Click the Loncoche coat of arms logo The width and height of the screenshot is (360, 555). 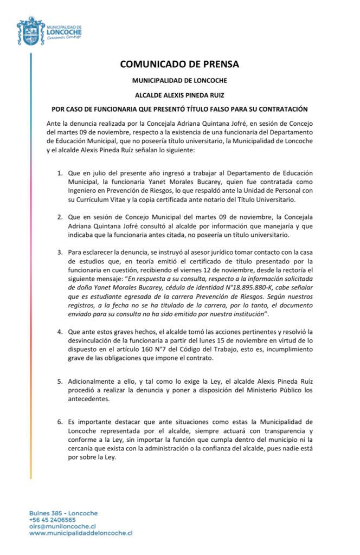[31, 30]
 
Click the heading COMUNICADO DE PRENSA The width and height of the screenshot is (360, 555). [179, 64]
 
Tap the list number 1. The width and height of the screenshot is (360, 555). [60, 173]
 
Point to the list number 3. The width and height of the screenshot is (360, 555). [60, 252]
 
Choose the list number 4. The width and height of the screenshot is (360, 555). [60, 331]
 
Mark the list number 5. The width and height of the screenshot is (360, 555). [60, 382]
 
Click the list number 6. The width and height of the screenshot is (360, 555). [60, 421]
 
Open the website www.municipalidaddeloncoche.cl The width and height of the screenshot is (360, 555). [81, 533]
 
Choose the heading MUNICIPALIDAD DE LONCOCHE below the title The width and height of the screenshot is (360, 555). [179, 80]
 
